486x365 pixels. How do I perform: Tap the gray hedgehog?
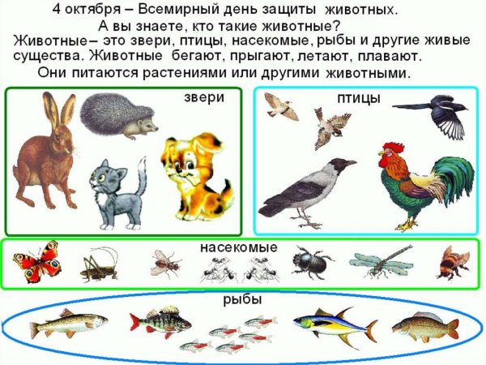(x=118, y=118)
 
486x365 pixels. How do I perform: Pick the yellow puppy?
(x=191, y=174)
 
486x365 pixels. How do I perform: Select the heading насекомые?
(x=244, y=247)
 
